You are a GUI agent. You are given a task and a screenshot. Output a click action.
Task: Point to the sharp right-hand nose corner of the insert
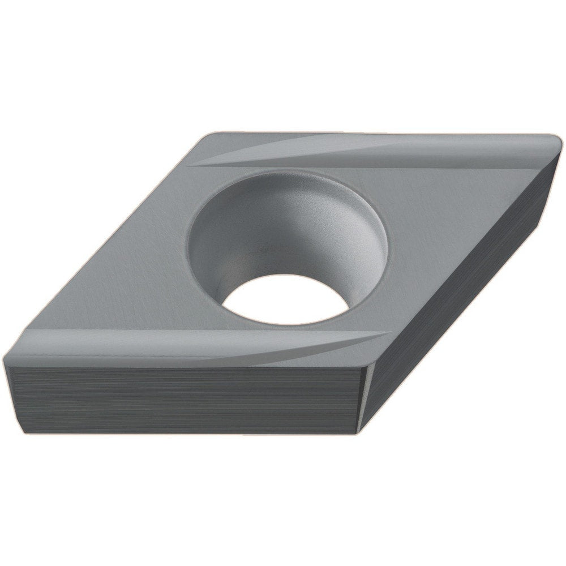coord(558,141)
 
